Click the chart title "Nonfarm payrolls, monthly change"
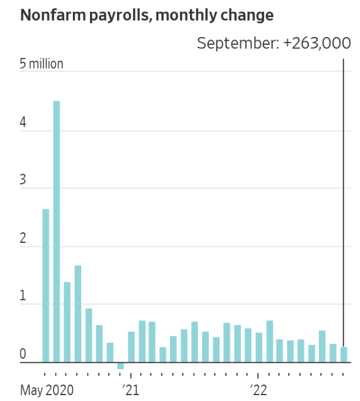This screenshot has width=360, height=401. [146, 16]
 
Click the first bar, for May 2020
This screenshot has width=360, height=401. [46, 286]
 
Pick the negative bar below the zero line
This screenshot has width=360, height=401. [121, 366]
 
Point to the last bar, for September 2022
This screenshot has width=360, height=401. [344, 355]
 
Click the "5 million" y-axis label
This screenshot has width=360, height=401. [41, 64]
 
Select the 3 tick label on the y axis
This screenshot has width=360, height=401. [23, 181]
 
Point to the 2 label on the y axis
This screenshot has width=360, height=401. [23, 239]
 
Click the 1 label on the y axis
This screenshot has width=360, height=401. [23, 297]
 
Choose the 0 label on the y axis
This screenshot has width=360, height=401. [23, 355]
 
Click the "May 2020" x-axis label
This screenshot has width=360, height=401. [47, 390]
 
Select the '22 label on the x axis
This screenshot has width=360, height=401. [258, 390]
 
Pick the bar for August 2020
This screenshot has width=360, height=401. [78, 314]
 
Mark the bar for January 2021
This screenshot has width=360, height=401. [131, 347]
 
